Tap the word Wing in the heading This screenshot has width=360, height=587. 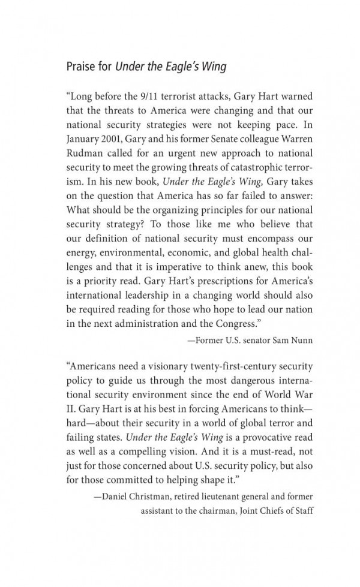[x=213, y=67]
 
